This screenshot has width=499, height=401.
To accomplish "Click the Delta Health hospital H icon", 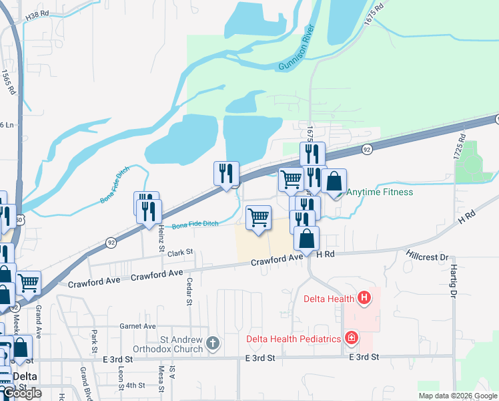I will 364,298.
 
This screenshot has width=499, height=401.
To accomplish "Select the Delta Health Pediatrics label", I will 294,339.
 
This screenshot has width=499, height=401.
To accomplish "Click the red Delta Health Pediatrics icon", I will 351,339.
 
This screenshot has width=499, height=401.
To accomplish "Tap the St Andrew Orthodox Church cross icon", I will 213,344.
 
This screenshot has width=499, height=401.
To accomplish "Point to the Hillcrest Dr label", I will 426,255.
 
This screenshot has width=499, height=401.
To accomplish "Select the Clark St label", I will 179,253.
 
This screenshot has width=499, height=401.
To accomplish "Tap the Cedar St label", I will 189,291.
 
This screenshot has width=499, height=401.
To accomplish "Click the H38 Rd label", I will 37,13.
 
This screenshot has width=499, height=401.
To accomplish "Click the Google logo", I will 23,394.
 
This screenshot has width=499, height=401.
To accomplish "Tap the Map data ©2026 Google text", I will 457,396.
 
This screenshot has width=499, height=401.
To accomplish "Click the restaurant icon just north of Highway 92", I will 226,174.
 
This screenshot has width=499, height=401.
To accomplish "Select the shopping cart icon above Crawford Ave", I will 258,217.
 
